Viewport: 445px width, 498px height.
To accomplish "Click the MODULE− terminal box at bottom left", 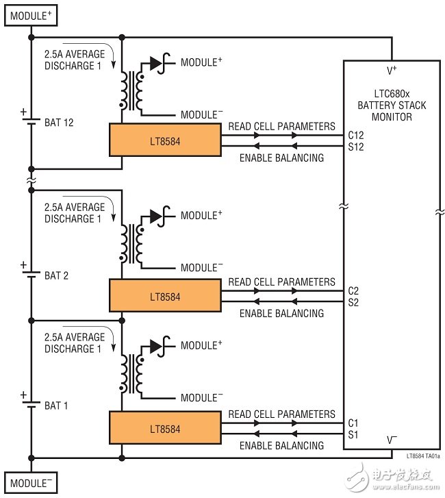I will click(31, 482).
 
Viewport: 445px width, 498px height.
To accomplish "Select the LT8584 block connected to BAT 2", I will click(164, 297).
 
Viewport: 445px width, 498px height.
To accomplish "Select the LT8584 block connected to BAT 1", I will click(164, 429).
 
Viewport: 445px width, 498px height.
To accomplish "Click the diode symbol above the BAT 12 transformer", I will click(157, 63).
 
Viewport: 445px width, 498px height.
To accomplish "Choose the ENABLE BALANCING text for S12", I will click(282, 158).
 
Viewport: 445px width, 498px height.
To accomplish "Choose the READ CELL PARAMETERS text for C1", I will click(282, 414).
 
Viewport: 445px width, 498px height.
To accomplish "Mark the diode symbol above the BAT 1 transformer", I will click(157, 346).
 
